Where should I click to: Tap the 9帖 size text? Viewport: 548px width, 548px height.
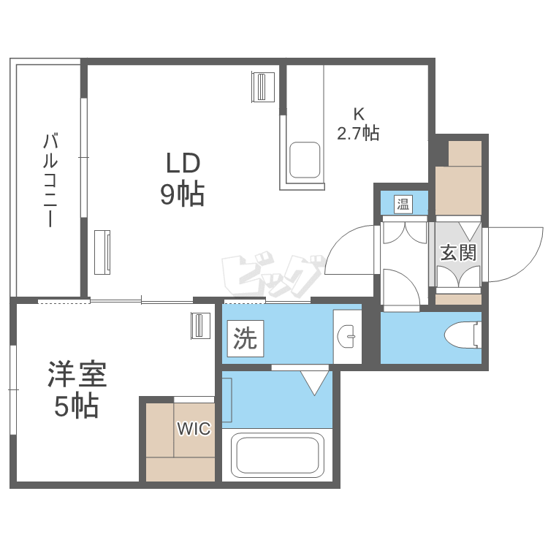click(182, 194)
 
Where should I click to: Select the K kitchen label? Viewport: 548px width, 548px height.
click(358, 114)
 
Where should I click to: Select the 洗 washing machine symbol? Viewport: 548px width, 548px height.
click(245, 338)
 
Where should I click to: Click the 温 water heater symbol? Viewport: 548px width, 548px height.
click(403, 204)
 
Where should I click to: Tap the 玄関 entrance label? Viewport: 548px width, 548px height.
click(458, 253)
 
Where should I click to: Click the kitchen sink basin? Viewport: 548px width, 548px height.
click(303, 159)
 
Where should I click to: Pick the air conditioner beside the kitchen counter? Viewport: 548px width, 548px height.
click(262, 88)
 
